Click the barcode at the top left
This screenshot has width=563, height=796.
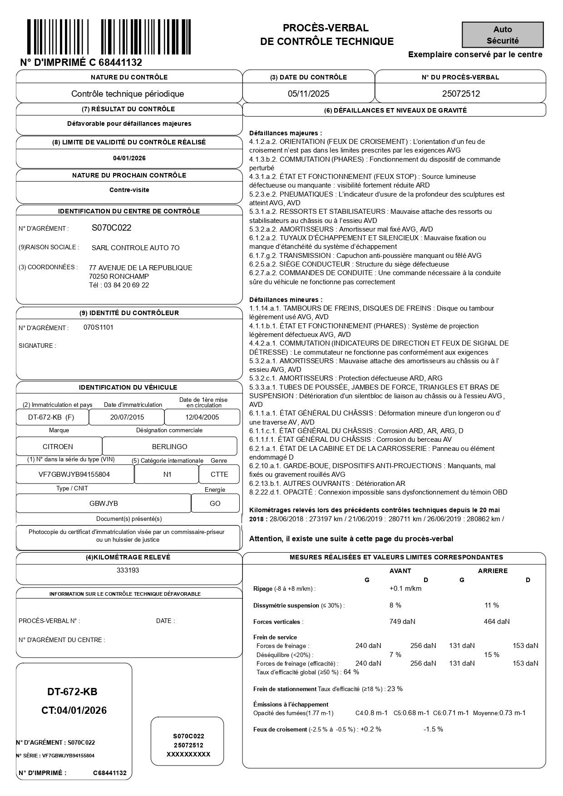tap(109, 37)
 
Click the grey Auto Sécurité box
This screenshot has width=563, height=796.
tap(503, 35)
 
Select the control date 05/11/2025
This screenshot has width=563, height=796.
tap(309, 94)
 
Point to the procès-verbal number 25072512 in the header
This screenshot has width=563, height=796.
tap(461, 94)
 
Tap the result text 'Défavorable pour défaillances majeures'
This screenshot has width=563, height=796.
tap(129, 124)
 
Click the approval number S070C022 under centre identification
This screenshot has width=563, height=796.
tap(111, 228)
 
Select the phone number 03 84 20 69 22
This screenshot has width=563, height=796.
tap(127, 285)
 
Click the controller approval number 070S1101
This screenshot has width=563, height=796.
tap(99, 327)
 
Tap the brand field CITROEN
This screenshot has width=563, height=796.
tap(58, 447)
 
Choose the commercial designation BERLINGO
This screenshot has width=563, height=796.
tap(169, 447)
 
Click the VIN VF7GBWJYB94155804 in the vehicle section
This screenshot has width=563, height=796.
tap(74, 475)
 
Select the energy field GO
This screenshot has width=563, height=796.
tap(215, 503)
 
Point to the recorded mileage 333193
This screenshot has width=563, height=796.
tap(128, 570)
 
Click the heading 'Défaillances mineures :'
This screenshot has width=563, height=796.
tap(286, 300)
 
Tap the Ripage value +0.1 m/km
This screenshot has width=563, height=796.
tap(405, 588)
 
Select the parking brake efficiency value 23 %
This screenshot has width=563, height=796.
tap(395, 689)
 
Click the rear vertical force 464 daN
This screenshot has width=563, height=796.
tap(497, 622)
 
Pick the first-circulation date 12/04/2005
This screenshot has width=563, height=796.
tap(202, 417)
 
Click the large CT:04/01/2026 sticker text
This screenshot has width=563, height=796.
tap(74, 711)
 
